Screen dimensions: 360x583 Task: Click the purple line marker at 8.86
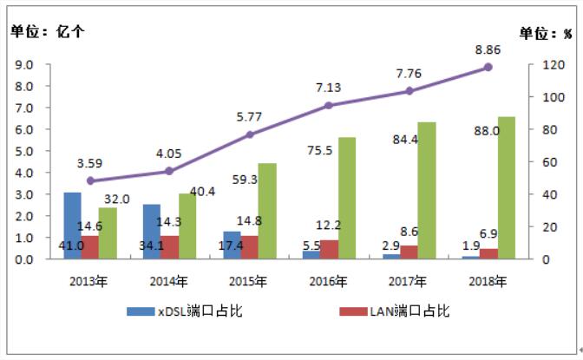[488, 67]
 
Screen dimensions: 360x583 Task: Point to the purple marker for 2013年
[90, 180]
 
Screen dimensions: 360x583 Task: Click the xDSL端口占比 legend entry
[182, 311]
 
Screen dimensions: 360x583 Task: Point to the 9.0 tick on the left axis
[24, 65]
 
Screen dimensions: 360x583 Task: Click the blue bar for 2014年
[151, 232]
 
